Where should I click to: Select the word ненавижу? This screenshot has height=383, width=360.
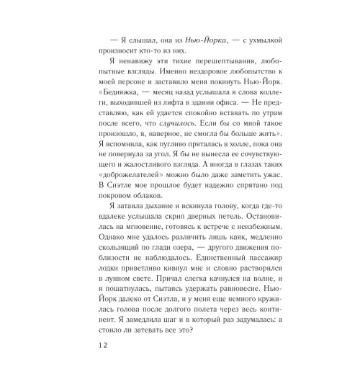pos(130,65)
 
